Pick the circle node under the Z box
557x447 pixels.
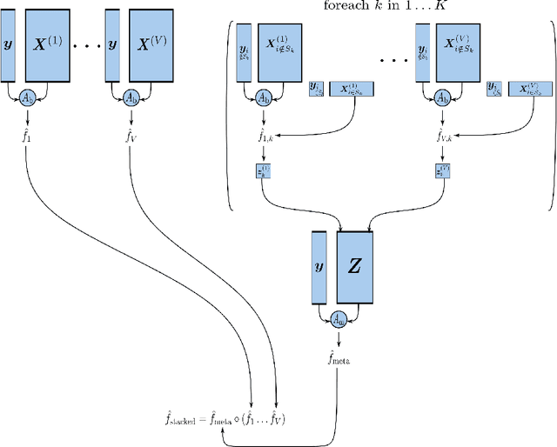[x=337, y=320]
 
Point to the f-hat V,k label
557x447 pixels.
[x=441, y=135]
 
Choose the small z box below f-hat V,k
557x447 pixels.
[x=442, y=171]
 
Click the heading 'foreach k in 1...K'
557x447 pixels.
[x=389, y=8]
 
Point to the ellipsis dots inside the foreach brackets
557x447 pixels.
[x=394, y=63]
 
